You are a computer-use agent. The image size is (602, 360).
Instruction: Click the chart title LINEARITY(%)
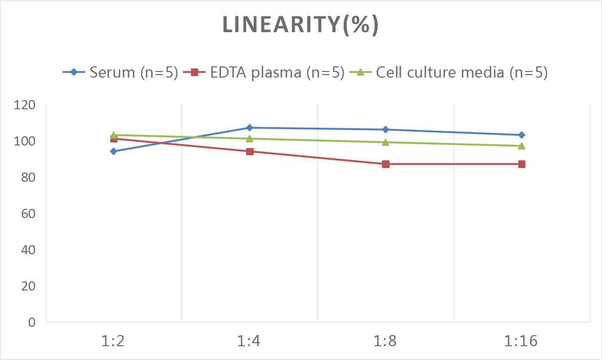pyautogui.click(x=300, y=25)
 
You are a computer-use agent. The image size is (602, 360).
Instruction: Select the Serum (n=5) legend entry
pyautogui.click(x=121, y=73)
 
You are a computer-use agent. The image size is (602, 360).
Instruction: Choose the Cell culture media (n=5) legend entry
pyautogui.click(x=449, y=73)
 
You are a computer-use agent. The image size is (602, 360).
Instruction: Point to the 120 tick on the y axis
pyautogui.click(x=25, y=105)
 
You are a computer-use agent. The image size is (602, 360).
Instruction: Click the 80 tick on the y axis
pyautogui.click(x=28, y=177)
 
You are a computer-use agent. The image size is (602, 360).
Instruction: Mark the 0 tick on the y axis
pyautogui.click(x=32, y=322)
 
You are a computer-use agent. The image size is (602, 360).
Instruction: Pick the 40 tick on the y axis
pyautogui.click(x=28, y=250)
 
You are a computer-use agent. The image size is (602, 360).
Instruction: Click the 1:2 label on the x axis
pyautogui.click(x=113, y=341)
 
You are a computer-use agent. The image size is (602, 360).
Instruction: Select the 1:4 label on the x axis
pyautogui.click(x=249, y=341)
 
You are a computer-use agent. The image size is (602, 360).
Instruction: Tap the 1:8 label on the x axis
pyautogui.click(x=385, y=341)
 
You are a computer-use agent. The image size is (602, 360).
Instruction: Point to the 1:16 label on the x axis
pyautogui.click(x=521, y=341)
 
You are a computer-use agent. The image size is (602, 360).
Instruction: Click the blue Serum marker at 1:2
pyautogui.click(x=113, y=151)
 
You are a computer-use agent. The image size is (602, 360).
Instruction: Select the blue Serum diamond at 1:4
pyautogui.click(x=249, y=128)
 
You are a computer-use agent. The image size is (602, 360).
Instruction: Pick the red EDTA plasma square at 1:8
pyautogui.click(x=386, y=164)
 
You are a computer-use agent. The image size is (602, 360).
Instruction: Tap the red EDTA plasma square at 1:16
pyautogui.click(x=521, y=164)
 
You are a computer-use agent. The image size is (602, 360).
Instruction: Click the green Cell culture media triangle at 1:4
pyautogui.click(x=249, y=138)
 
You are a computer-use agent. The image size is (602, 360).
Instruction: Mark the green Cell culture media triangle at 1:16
pyautogui.click(x=521, y=146)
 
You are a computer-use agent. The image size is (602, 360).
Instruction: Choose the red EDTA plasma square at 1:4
pyautogui.click(x=249, y=151)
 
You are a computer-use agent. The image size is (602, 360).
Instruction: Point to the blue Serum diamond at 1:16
pyautogui.click(x=521, y=135)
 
